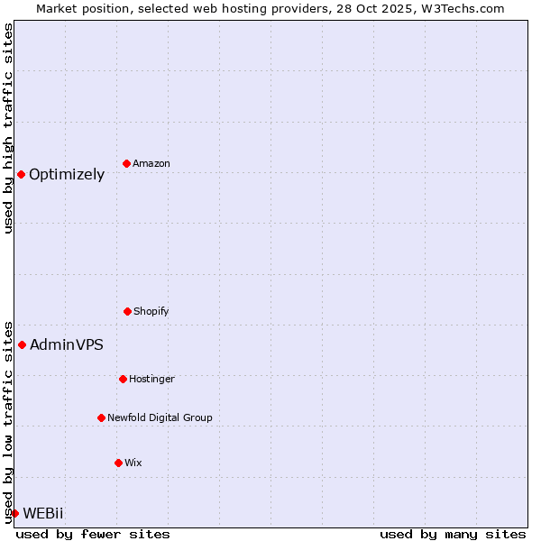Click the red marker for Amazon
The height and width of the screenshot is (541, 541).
[x=127, y=163]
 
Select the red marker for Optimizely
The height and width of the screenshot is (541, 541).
[x=21, y=174]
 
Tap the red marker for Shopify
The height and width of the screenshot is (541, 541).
[x=127, y=311]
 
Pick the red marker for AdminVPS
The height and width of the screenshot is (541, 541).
[x=22, y=344]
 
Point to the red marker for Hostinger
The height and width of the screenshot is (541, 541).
[x=123, y=379]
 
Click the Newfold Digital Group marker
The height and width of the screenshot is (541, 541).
[x=101, y=417]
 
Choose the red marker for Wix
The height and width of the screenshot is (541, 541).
[x=118, y=463]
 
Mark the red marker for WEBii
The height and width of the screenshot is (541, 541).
[x=14, y=513]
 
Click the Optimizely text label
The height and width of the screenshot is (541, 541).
[x=67, y=175]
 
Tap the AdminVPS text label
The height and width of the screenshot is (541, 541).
[x=67, y=344]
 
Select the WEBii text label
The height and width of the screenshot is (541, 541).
[x=43, y=513]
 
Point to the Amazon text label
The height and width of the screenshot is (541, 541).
[x=151, y=163]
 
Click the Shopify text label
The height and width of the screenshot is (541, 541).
[x=151, y=311]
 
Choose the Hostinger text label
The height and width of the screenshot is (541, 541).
[x=151, y=379]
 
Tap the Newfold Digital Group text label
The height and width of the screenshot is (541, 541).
[x=160, y=417]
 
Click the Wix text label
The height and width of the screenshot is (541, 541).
[x=133, y=463]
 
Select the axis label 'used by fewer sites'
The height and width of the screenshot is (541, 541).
[x=93, y=534]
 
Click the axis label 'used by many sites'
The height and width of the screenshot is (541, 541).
[x=453, y=534]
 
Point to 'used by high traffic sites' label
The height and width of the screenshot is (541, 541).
[x=8, y=128]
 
